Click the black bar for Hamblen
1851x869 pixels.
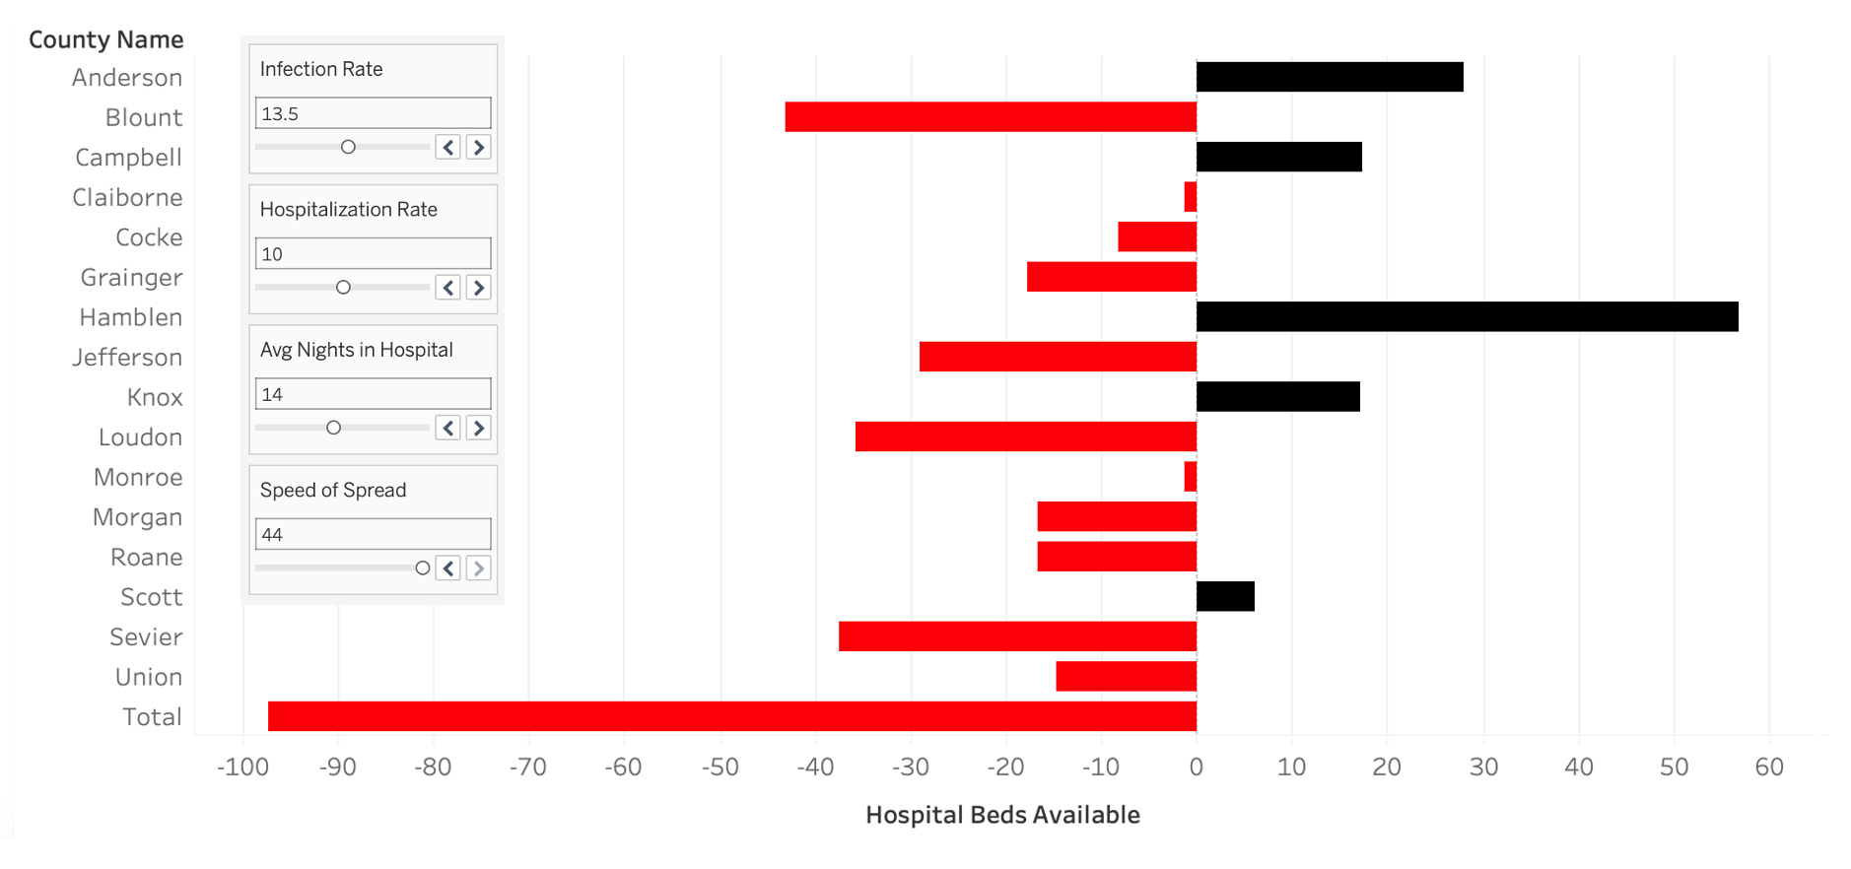[1467, 316]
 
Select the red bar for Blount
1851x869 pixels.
[990, 116]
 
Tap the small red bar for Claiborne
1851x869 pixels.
[1190, 197]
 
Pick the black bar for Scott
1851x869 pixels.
[1224, 596]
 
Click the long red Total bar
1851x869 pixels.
[731, 716]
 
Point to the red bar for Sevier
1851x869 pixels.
[1016, 636]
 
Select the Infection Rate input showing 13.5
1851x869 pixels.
[373, 113]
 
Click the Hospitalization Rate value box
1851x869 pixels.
[373, 253]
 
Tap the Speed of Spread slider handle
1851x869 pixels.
[423, 568]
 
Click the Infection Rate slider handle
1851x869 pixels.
[348, 147]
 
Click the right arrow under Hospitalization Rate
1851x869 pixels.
[479, 288]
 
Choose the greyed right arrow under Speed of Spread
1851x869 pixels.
[479, 568]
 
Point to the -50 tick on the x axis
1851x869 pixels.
[720, 767]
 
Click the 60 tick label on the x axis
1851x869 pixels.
[1768, 767]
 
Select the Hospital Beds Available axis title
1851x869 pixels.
[1002, 815]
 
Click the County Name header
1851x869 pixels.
[105, 39]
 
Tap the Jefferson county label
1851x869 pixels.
[127, 357]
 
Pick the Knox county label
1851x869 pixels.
[155, 397]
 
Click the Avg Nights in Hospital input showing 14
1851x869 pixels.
[373, 394]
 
